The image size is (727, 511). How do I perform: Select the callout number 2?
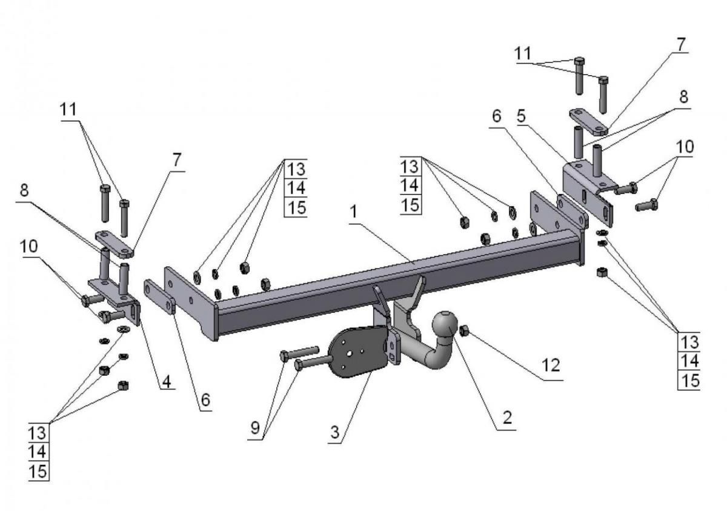[506, 418]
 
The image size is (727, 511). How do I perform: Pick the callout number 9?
[255, 428]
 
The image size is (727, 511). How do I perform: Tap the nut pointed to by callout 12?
[465, 330]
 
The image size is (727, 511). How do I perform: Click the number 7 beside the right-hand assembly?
[681, 44]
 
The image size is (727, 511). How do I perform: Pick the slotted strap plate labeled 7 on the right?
[588, 121]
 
